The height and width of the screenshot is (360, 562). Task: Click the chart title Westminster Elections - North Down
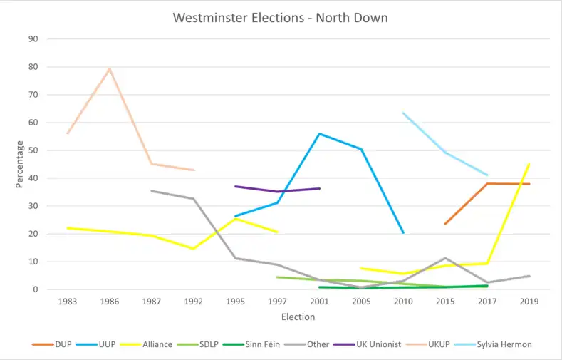(x=281, y=17)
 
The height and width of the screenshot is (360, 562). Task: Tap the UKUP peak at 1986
(x=110, y=69)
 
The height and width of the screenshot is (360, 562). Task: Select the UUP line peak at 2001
(x=319, y=134)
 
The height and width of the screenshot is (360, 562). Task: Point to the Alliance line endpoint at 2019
(x=529, y=163)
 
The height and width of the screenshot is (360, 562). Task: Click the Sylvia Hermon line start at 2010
(x=403, y=113)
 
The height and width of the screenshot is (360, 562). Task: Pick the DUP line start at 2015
(x=445, y=224)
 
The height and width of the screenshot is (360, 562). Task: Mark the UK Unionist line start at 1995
(x=235, y=187)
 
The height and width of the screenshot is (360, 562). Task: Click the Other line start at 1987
(x=151, y=190)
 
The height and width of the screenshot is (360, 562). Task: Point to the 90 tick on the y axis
(x=33, y=39)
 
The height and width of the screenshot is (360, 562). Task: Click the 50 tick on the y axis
(x=33, y=150)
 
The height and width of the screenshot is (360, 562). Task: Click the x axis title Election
(x=298, y=317)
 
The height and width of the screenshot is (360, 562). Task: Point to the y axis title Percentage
(x=19, y=164)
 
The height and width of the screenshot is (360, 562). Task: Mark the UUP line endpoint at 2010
(x=403, y=232)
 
